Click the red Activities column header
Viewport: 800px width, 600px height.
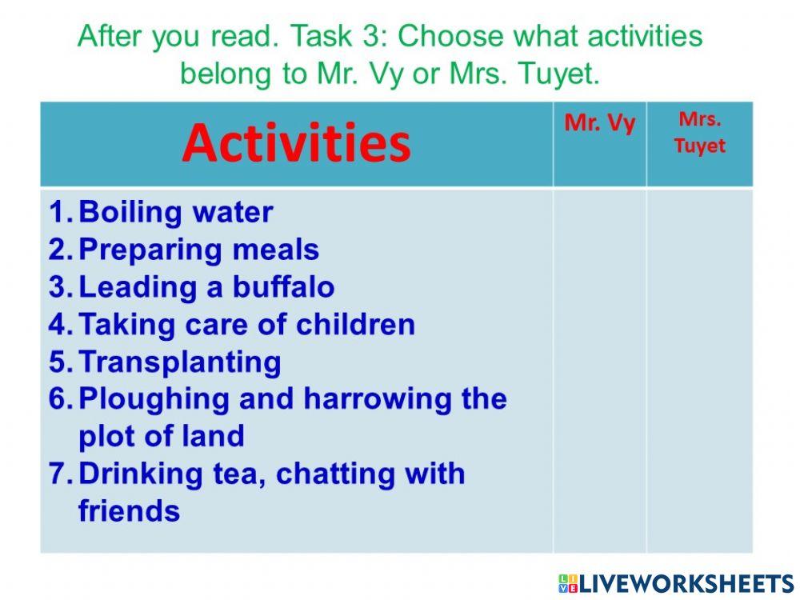[x=296, y=143]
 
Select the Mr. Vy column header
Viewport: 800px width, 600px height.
[x=599, y=123]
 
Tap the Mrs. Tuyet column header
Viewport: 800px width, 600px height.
[x=699, y=133]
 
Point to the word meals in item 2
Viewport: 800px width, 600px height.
[x=275, y=250]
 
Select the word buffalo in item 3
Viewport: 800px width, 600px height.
[x=284, y=286]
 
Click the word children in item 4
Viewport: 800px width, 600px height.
[x=355, y=324]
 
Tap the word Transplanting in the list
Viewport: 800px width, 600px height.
[x=179, y=362]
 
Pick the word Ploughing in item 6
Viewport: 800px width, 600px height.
[x=154, y=399]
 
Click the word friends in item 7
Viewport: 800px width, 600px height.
[x=129, y=510]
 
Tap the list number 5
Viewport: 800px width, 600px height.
[x=60, y=362]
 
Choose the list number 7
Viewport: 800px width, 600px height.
[x=60, y=474]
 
